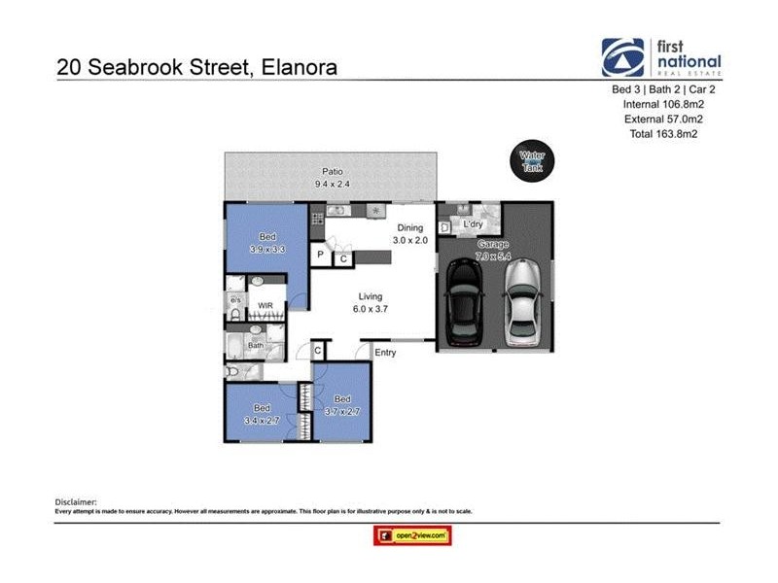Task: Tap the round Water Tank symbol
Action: pyautogui.click(x=532, y=159)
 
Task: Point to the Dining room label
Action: pyautogui.click(x=409, y=226)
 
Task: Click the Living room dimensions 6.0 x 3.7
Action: pyautogui.click(x=370, y=309)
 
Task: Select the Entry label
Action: pyautogui.click(x=385, y=353)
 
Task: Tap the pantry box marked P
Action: pyautogui.click(x=320, y=256)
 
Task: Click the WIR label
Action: pyautogui.click(x=265, y=306)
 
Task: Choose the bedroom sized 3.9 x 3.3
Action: pyautogui.click(x=266, y=243)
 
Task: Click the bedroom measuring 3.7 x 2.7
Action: pyautogui.click(x=342, y=404)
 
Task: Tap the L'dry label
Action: pyautogui.click(x=474, y=224)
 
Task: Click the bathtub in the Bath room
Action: pyautogui.click(x=238, y=347)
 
